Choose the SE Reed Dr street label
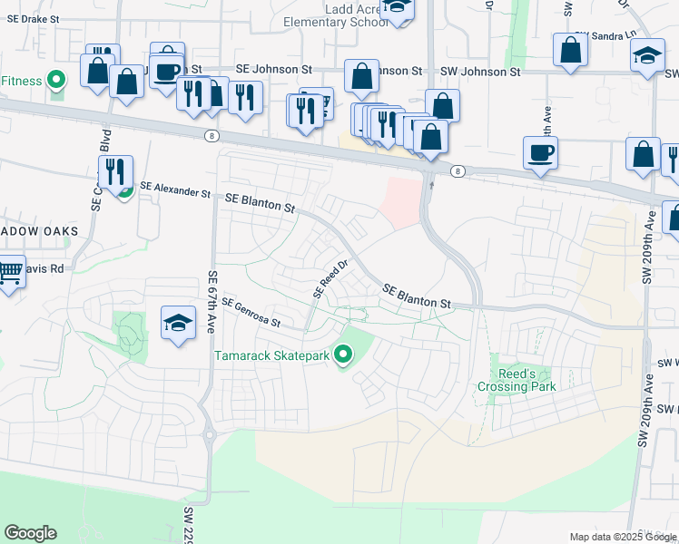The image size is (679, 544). pos(331,280)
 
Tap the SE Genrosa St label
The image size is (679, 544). pos(251,312)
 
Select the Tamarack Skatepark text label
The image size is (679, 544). pos(271,355)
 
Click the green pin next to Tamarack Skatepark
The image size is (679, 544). pos(342,355)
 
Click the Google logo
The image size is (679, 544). pos(30,533)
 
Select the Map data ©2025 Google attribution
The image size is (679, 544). pos(622,537)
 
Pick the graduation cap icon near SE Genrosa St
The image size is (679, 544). pos(178,322)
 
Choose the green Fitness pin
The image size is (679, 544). pos(56,81)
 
